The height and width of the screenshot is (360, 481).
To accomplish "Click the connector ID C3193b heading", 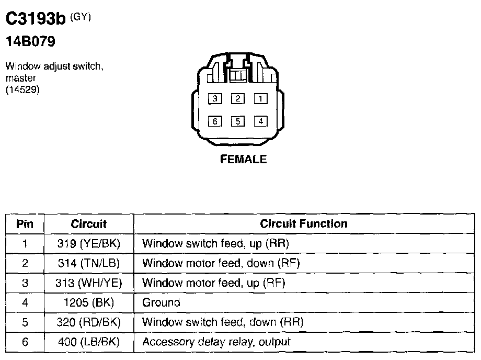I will pyautogui.click(x=36, y=19).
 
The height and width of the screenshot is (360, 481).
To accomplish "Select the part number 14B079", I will pyautogui.click(x=30, y=42).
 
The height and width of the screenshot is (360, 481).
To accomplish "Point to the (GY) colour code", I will pyautogui.click(x=80, y=17).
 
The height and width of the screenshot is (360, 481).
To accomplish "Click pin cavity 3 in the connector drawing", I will pyautogui.click(x=214, y=98).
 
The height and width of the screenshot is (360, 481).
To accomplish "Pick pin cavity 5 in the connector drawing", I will pyautogui.click(x=237, y=121).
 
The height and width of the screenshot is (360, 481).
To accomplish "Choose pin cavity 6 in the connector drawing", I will pyautogui.click(x=214, y=121).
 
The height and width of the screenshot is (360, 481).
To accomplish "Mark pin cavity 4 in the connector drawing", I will pyautogui.click(x=260, y=121).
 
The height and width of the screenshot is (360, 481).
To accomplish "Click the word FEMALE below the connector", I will pyautogui.click(x=243, y=160).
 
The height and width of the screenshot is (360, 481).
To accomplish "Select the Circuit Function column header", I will pyautogui.click(x=303, y=224).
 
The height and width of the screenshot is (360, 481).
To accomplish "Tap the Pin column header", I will pyautogui.click(x=25, y=224).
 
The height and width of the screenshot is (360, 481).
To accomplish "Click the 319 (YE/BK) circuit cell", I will pyautogui.click(x=88, y=244).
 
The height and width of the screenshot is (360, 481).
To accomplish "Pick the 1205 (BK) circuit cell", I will pyautogui.click(x=88, y=302).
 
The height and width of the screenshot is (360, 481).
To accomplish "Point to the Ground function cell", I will pyautogui.click(x=161, y=302).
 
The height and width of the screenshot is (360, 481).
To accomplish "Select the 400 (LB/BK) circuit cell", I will pyautogui.click(x=88, y=342).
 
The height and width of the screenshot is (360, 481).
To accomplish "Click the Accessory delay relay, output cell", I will pyautogui.click(x=216, y=342).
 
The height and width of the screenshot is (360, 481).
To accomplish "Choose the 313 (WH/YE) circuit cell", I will pyautogui.click(x=88, y=283).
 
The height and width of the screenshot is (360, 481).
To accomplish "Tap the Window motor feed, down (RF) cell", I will pyautogui.click(x=221, y=263).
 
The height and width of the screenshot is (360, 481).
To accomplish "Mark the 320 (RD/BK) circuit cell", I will pyautogui.click(x=88, y=322).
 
